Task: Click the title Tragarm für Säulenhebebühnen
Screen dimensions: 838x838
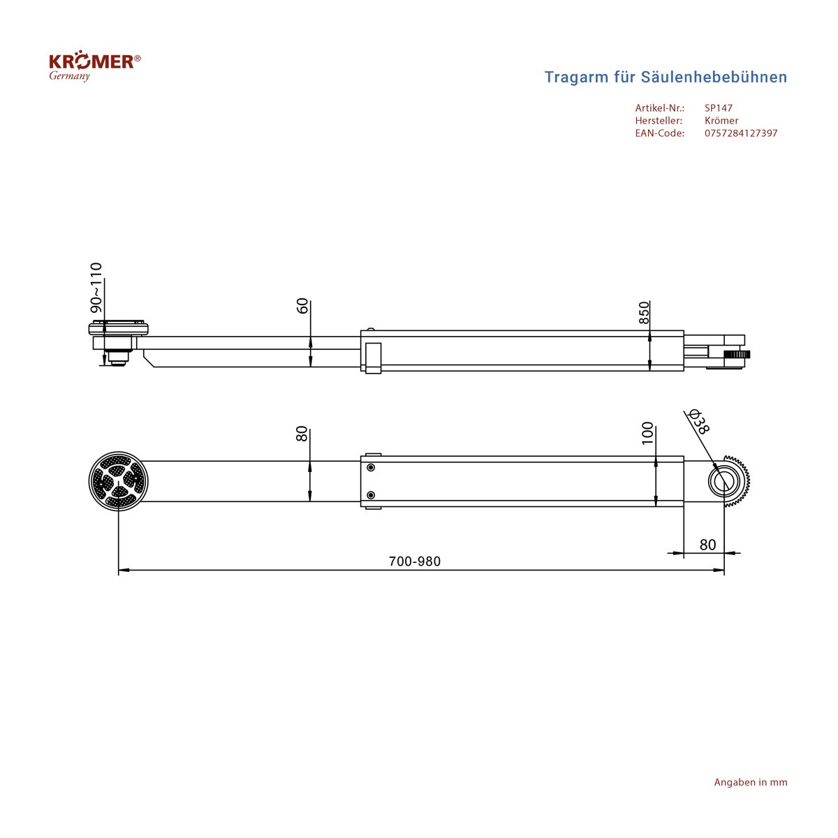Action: point(666,77)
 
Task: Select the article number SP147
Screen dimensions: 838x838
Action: point(719,108)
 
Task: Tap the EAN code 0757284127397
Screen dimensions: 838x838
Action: point(741,133)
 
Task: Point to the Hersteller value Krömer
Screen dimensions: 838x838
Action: point(721,120)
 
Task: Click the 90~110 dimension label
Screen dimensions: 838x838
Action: point(96,287)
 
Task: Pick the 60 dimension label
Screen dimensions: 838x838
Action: point(302,306)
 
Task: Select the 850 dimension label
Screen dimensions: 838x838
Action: point(644,313)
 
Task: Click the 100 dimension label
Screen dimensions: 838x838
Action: point(647,433)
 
